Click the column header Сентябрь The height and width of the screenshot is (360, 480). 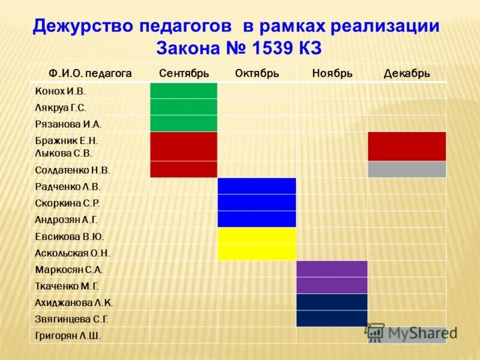[x=184, y=73]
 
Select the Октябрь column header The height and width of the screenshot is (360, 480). [x=257, y=73]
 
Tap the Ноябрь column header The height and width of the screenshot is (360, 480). [x=332, y=73]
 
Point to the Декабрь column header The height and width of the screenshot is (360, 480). [x=407, y=73]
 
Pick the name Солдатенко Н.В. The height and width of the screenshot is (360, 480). [x=73, y=170]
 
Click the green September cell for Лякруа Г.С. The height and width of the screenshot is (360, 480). [x=183, y=107]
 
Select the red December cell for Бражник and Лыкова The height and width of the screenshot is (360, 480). [x=407, y=146]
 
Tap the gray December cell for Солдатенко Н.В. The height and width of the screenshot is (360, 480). [x=407, y=170]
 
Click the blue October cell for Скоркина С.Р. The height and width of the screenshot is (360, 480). [x=256, y=203]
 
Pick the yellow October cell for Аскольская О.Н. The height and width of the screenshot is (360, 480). [x=256, y=253]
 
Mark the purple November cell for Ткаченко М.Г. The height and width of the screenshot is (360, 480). [x=332, y=286]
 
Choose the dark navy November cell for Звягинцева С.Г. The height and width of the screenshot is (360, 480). [x=332, y=319]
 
